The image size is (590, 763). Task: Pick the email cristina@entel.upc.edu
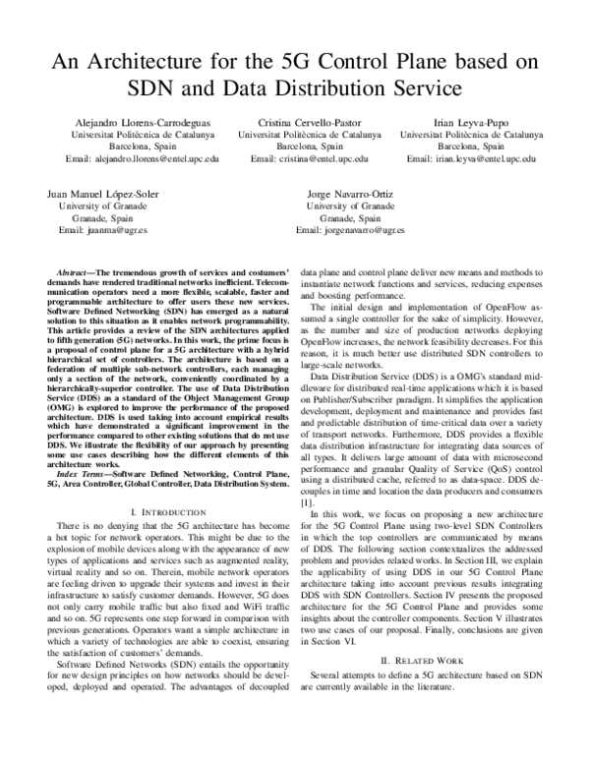click(x=309, y=157)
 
